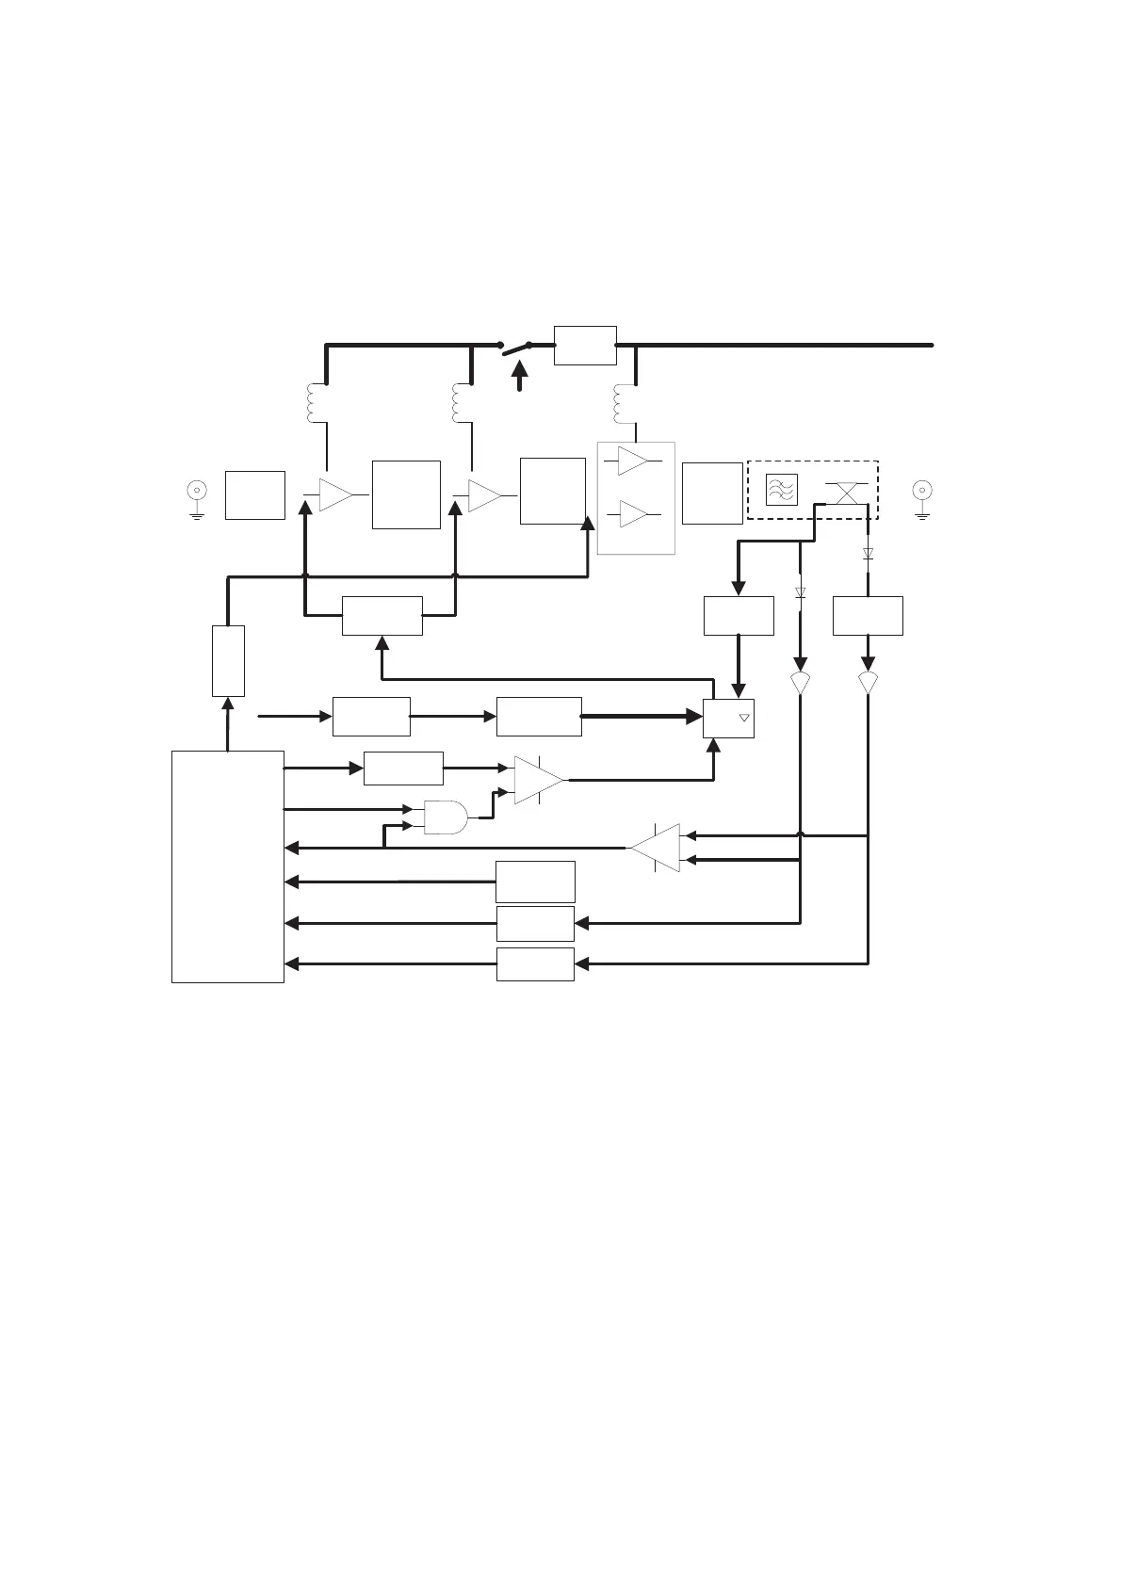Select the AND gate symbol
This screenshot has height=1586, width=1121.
pos(447,817)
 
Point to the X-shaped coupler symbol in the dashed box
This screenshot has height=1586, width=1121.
pos(846,492)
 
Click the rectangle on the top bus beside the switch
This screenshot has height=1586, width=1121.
pos(585,345)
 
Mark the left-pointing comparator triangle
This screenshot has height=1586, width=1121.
pos(657,848)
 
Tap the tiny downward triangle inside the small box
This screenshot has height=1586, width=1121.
pos(743,719)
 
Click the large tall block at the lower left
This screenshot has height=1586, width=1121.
pos(228,866)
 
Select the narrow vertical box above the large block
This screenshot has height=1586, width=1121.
pos(228,660)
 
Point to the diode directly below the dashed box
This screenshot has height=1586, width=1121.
pos(868,555)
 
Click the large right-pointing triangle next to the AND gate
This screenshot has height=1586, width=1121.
pos(538,780)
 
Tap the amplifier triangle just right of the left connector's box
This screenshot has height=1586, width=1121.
pos(334,494)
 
